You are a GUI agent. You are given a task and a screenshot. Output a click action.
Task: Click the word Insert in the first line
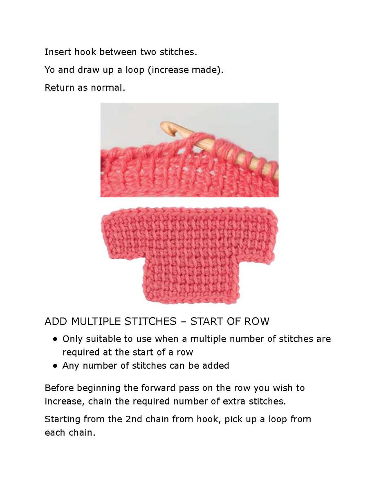pyautogui.click(x=56, y=52)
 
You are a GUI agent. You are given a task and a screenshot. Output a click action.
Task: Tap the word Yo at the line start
pyautogui.click(x=50, y=70)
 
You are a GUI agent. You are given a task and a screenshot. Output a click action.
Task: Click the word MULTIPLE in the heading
pyautogui.click(x=96, y=321)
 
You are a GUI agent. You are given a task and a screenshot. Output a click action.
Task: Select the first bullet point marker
pyautogui.click(x=55, y=339)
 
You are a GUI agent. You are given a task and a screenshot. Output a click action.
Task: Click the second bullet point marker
pyautogui.click(x=55, y=366)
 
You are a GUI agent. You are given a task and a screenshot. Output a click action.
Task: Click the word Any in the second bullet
pyautogui.click(x=70, y=365)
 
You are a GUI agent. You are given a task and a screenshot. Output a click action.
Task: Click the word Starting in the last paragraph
pyautogui.click(x=62, y=419)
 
